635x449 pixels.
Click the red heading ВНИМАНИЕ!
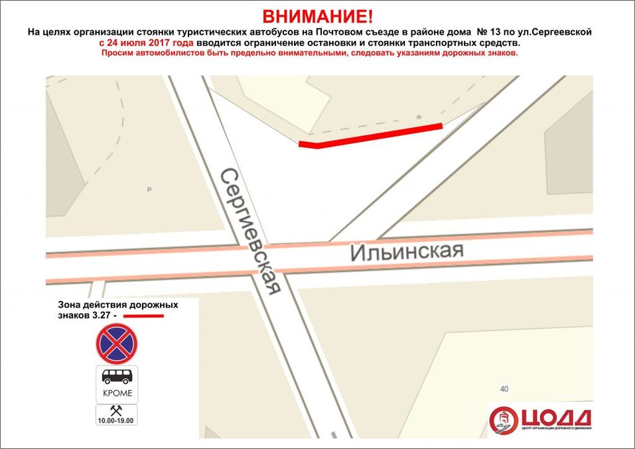tap(317, 16)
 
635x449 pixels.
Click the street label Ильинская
tap(406, 251)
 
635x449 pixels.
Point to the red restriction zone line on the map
tap(372, 135)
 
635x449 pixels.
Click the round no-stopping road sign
tap(116, 344)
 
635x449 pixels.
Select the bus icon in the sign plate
tap(117, 377)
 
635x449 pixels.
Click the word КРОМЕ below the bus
tap(117, 393)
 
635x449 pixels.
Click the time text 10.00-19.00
tap(117, 420)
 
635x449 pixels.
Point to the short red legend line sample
tap(144, 316)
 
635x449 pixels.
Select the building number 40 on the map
tap(505, 389)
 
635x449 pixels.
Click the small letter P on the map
tap(149, 190)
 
